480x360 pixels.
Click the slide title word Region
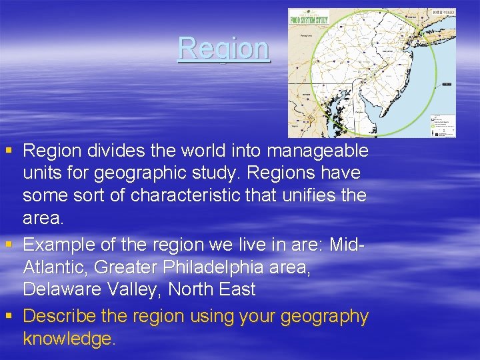[x=223, y=48]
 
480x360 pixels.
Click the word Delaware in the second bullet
[x=64, y=289]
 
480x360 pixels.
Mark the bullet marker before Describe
[x=7, y=315]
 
